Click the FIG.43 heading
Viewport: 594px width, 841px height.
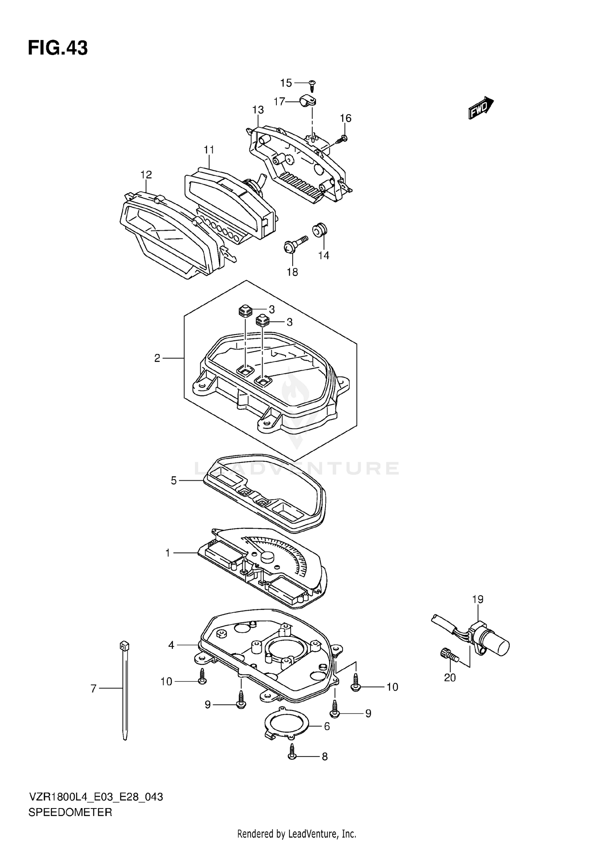[58, 48]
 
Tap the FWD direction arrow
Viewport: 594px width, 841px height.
[480, 108]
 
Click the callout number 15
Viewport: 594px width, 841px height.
[286, 83]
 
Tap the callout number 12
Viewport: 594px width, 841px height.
[146, 174]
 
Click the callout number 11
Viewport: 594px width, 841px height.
[209, 150]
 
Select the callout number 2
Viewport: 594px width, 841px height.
[157, 358]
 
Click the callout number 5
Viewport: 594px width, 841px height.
[173, 481]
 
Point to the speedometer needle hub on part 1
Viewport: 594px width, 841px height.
[267, 556]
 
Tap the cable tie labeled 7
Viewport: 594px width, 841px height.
[125, 690]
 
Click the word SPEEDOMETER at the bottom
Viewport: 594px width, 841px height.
[70, 812]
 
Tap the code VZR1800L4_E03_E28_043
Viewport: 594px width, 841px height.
[95, 797]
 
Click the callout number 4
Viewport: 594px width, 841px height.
[171, 645]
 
